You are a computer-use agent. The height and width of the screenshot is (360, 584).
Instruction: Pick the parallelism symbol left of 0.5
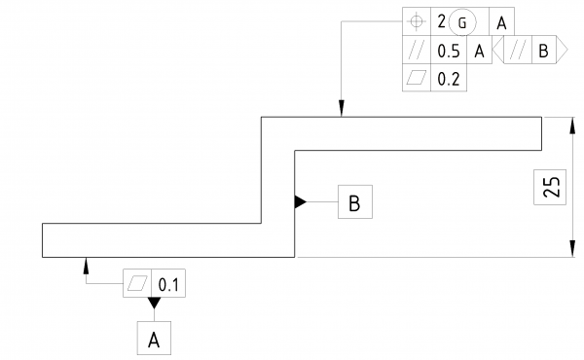(418, 52)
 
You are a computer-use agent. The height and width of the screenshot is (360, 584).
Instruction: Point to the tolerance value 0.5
(449, 52)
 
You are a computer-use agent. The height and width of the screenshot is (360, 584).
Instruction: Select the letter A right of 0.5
(479, 52)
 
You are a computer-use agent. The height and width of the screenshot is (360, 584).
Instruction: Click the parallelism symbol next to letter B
(517, 52)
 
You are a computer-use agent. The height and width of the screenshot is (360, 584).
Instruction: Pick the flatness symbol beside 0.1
(138, 283)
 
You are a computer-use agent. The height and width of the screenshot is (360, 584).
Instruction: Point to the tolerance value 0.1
(170, 284)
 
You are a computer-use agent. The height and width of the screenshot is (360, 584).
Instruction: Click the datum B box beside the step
(354, 202)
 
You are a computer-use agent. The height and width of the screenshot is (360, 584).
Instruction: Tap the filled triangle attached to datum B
(301, 202)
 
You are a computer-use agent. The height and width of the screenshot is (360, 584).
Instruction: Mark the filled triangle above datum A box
(153, 304)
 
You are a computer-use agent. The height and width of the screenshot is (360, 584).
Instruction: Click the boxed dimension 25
(551, 186)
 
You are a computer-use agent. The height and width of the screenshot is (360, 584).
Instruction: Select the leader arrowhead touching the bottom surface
(87, 264)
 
